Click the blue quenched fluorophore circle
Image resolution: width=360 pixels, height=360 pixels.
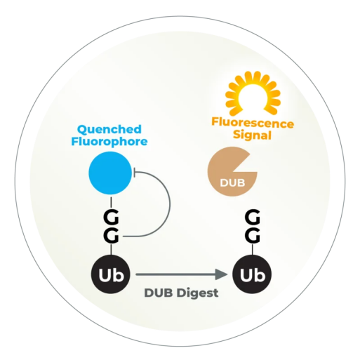click(x=110, y=173)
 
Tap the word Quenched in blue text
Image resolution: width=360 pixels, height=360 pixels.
click(x=109, y=130)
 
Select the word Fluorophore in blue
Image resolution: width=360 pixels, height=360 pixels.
click(x=109, y=142)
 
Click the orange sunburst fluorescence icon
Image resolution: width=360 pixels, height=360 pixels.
click(x=253, y=94)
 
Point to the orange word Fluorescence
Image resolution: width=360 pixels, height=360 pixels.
click(x=253, y=123)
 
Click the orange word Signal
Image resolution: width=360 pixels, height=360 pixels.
click(x=252, y=135)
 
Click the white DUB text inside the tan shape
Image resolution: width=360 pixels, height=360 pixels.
click(x=232, y=183)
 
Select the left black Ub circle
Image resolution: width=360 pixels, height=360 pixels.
click(x=111, y=274)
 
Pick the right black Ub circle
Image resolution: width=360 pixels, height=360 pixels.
click(x=252, y=274)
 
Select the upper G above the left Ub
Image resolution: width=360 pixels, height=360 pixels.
click(x=111, y=218)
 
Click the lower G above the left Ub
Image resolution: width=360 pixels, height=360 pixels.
click(x=111, y=236)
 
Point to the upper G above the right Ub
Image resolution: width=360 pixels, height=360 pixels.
click(x=253, y=218)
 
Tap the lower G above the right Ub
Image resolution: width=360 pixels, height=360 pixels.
click(x=253, y=236)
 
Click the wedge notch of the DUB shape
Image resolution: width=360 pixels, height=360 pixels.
click(x=248, y=164)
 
